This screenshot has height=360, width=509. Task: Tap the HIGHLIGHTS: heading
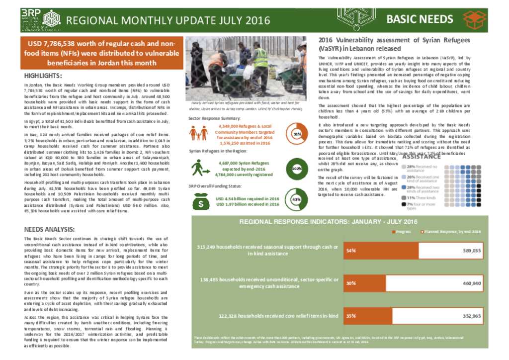(x=43, y=76)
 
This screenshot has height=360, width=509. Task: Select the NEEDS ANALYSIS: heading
(x=50, y=229)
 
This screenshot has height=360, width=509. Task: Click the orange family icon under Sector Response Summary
(x=198, y=133)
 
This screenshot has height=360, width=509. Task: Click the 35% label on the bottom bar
(x=351, y=315)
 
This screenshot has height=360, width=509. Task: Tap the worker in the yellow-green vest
(x=260, y=67)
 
